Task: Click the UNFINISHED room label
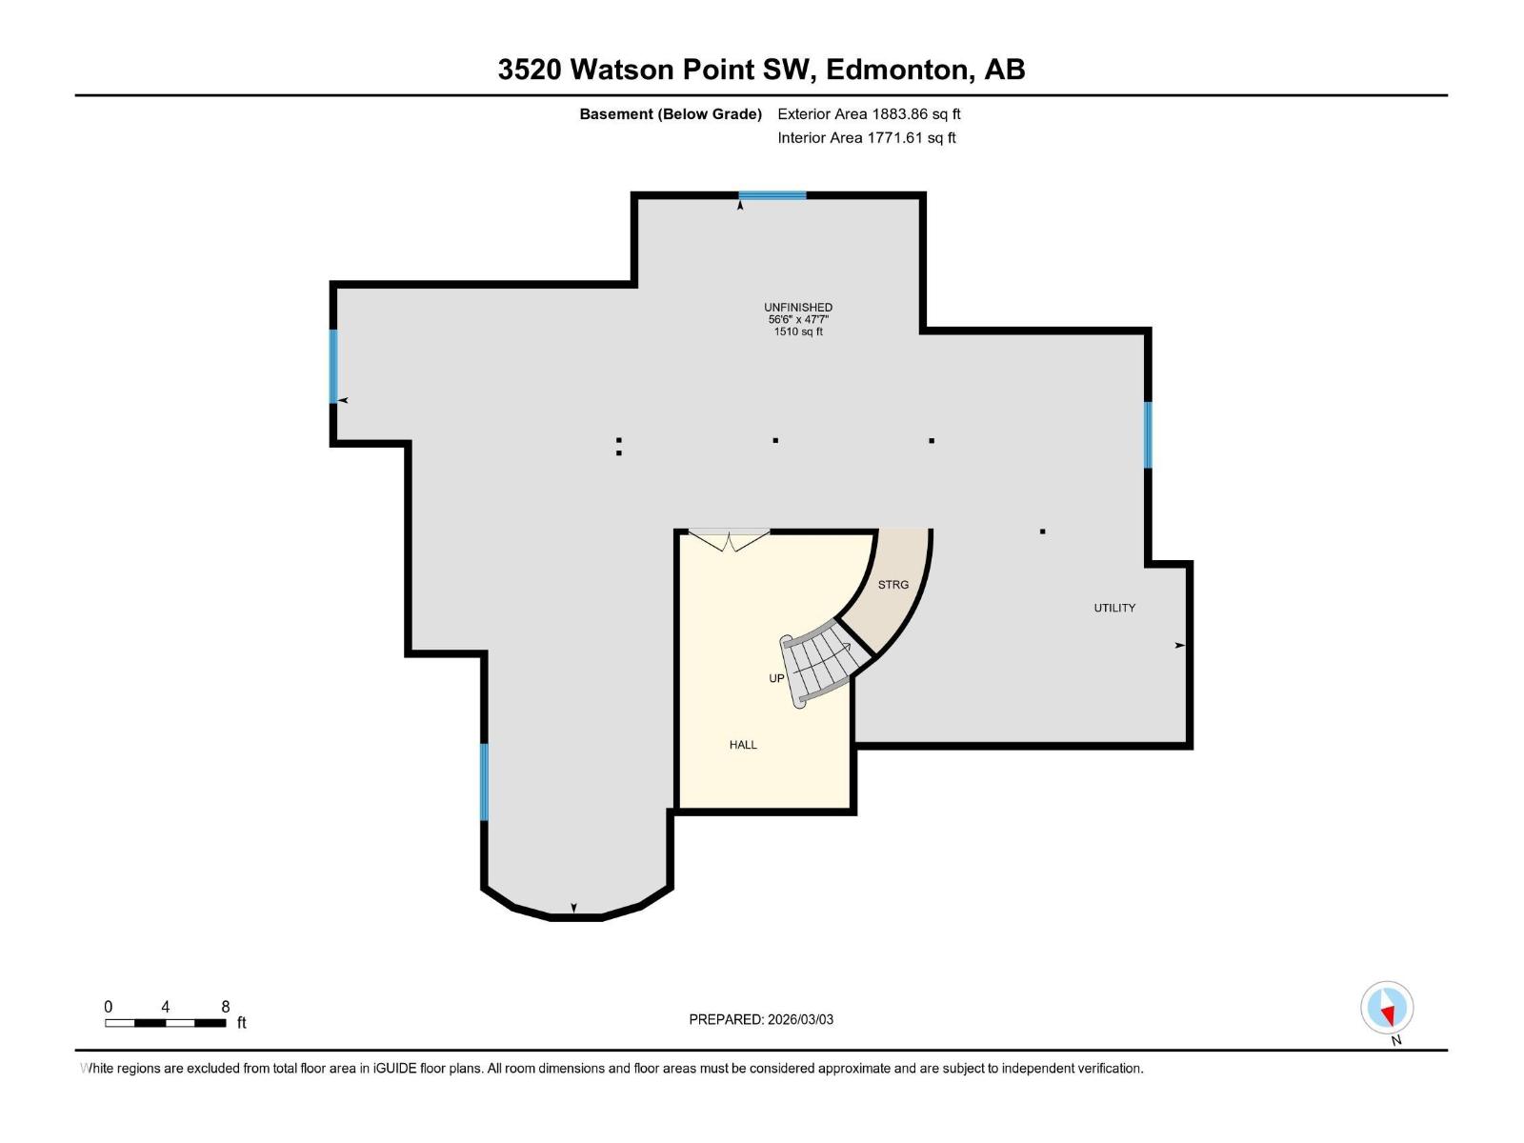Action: [x=798, y=307]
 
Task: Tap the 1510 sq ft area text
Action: [x=798, y=331]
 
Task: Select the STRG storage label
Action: [x=892, y=585]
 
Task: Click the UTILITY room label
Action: [x=1114, y=608]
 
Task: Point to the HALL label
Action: [x=743, y=745]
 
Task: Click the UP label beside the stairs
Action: [x=776, y=678]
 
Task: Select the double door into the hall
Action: [x=729, y=539]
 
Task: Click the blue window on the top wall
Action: [x=772, y=195]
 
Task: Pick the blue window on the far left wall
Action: [x=333, y=366]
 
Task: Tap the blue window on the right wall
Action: [x=1148, y=434]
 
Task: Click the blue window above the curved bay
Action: [x=484, y=781]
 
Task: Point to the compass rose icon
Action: [x=1387, y=1009]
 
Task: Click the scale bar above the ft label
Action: [x=165, y=1023]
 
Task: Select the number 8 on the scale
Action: [x=226, y=1007]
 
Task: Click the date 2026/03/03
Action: [x=800, y=1019]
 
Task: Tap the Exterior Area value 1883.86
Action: [x=899, y=114]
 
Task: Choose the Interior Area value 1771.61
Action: [x=895, y=138]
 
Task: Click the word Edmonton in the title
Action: [x=899, y=70]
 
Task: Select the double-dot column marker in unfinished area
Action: [x=619, y=446]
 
